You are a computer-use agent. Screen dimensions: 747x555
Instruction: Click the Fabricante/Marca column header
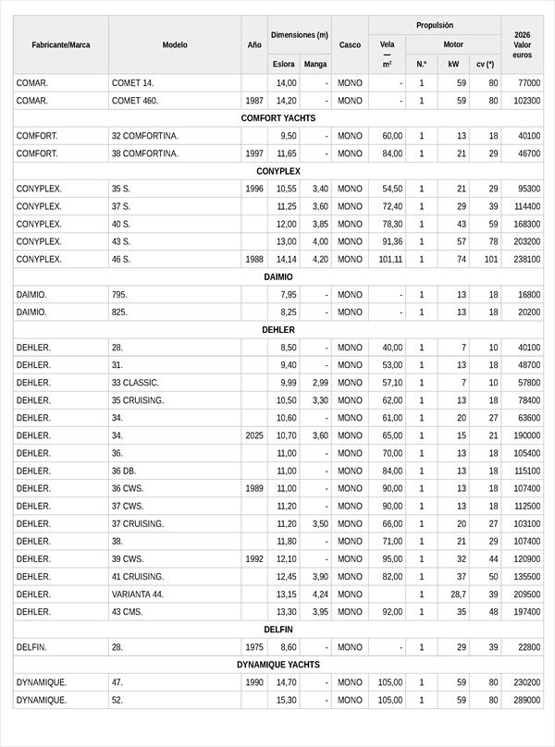click(61, 44)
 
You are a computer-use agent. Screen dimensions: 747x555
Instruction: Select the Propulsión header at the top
click(435, 26)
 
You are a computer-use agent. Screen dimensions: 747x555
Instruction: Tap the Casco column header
click(350, 44)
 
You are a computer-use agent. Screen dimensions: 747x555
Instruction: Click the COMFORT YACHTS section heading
click(277, 118)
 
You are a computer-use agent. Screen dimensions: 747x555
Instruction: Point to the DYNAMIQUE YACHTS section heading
click(277, 665)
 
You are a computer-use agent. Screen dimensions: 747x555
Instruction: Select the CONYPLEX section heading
click(277, 171)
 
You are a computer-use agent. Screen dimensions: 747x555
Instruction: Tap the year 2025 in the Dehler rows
click(254, 435)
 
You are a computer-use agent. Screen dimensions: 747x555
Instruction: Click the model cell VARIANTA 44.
click(138, 594)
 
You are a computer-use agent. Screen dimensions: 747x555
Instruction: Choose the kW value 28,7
click(457, 594)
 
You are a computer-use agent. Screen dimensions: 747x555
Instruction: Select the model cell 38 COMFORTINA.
click(145, 153)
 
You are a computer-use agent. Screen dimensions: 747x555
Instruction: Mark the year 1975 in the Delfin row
click(254, 647)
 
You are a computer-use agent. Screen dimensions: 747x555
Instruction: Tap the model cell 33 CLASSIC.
click(135, 383)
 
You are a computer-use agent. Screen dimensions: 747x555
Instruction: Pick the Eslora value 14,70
click(286, 682)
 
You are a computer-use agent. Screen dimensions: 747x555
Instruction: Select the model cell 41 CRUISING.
click(138, 577)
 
